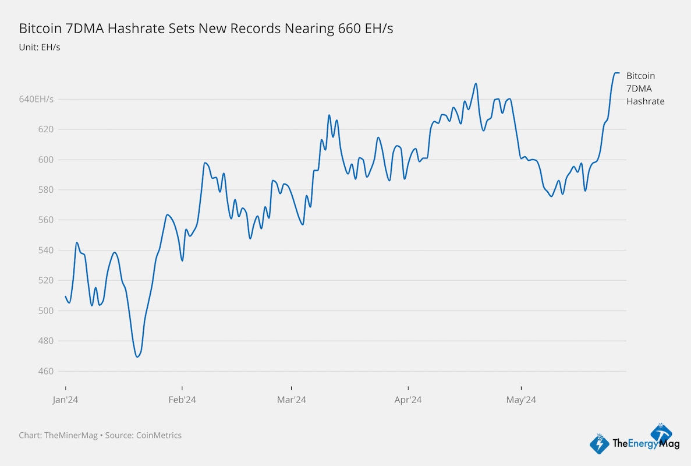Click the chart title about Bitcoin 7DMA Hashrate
[206, 29]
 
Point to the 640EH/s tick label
[36, 99]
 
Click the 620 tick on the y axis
[47, 129]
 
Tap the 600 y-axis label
[47, 160]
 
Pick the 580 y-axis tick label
[47, 190]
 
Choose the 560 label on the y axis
[47, 220]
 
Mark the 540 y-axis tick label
[47, 250]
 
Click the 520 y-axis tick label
[47, 281]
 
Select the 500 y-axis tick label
[47, 311]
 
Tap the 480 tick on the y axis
[47, 341]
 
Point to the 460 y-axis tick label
[47, 372]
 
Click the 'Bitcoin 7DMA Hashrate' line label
[645, 89]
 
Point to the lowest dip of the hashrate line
[137, 356]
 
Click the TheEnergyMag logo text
[638, 444]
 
